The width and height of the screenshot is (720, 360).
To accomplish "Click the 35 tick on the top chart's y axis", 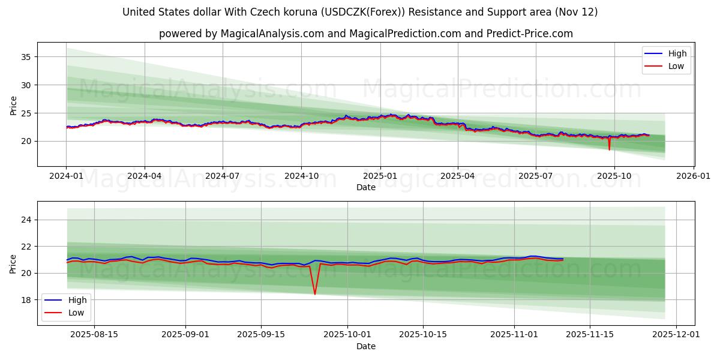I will (26, 57).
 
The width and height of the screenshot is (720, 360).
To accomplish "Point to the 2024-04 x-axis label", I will (145, 176).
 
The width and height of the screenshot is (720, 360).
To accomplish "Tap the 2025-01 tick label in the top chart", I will (380, 176).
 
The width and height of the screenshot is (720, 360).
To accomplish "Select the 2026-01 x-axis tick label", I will (694, 176).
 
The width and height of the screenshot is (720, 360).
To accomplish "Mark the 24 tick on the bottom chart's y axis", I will (26, 220).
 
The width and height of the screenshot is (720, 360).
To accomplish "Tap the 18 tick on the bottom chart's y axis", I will (26, 300).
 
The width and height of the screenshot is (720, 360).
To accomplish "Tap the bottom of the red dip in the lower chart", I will (315, 294).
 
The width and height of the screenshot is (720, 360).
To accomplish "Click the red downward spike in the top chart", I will (609, 149).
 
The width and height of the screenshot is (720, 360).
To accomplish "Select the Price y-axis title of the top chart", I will (13, 104).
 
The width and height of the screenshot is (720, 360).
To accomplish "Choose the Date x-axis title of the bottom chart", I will (365, 346).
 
